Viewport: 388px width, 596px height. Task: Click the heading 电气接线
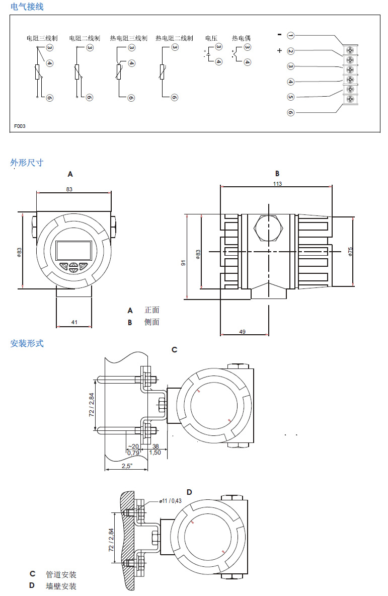[27, 7]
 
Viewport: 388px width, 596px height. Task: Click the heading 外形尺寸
[27, 163]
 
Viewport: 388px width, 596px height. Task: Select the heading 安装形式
[27, 343]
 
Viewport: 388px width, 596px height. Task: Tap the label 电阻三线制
[42, 38]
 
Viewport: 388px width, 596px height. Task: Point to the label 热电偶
[241, 38]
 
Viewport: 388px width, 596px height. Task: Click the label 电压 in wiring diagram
[211, 38]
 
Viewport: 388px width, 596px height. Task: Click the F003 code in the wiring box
[20, 126]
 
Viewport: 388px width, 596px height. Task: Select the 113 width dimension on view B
[277, 184]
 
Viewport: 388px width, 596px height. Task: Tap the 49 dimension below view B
[242, 332]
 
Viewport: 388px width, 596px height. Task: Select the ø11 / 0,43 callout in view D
[170, 500]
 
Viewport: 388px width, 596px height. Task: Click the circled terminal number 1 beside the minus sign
[291, 35]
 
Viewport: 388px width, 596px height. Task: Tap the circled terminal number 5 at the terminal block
[291, 97]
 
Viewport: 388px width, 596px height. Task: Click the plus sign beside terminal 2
[279, 50]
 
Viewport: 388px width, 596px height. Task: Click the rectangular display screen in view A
[74, 250]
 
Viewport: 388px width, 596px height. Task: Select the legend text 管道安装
[61, 574]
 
